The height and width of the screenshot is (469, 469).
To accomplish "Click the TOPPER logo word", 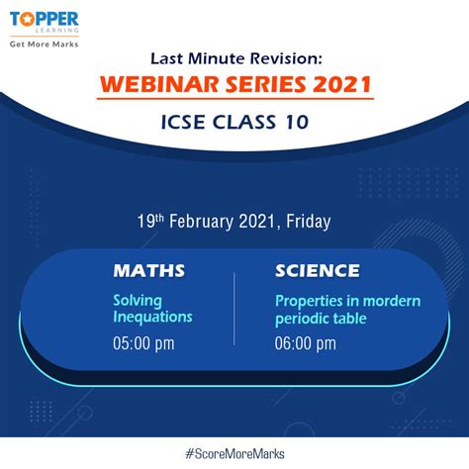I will [44, 17].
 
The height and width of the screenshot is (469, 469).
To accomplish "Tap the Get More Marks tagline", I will [44, 45].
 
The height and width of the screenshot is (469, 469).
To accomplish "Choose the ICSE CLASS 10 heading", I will [234, 125].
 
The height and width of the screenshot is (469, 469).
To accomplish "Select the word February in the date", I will [209, 222].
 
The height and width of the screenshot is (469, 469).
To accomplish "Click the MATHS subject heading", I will [148, 270].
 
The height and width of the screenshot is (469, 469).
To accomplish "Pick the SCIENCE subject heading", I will [318, 270].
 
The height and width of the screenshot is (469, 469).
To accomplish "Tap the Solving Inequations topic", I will [151, 309].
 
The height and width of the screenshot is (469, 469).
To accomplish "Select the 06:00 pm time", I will [306, 343].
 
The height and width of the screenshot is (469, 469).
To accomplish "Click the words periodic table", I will [322, 318].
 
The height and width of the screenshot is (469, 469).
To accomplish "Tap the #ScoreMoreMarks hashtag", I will [234, 453].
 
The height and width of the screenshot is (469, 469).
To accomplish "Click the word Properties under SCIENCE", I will [306, 301].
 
